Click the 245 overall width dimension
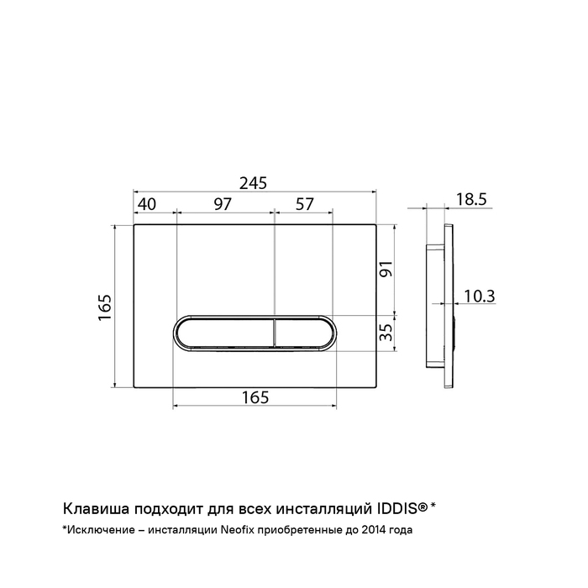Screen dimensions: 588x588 [x=253, y=183]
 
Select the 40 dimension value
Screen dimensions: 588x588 [x=147, y=204]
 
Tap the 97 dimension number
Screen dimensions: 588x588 [x=223, y=204]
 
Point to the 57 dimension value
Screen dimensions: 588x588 [x=304, y=204]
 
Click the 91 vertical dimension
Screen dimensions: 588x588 [x=386, y=269]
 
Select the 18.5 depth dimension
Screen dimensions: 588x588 [x=471, y=199]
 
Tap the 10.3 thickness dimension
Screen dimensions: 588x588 [x=480, y=296]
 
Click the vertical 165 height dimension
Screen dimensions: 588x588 [x=105, y=307]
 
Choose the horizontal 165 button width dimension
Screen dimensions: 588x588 [x=255, y=397]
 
